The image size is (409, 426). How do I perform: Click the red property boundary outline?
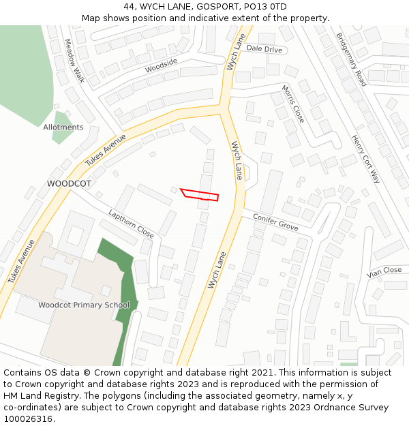[x=199, y=194]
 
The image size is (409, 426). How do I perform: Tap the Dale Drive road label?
[x=264, y=49]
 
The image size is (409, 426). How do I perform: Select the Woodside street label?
[x=161, y=65]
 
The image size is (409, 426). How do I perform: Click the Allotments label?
[x=63, y=127]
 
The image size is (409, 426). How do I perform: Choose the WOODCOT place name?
[x=69, y=184]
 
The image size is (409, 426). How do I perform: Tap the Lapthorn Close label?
[x=131, y=223]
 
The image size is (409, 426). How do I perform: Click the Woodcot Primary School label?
[x=84, y=305]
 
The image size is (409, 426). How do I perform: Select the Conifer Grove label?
[x=275, y=222]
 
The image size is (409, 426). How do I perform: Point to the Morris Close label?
[x=293, y=104]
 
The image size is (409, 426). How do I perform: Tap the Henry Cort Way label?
[x=365, y=159]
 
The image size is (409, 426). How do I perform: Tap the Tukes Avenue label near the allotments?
[x=106, y=150]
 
